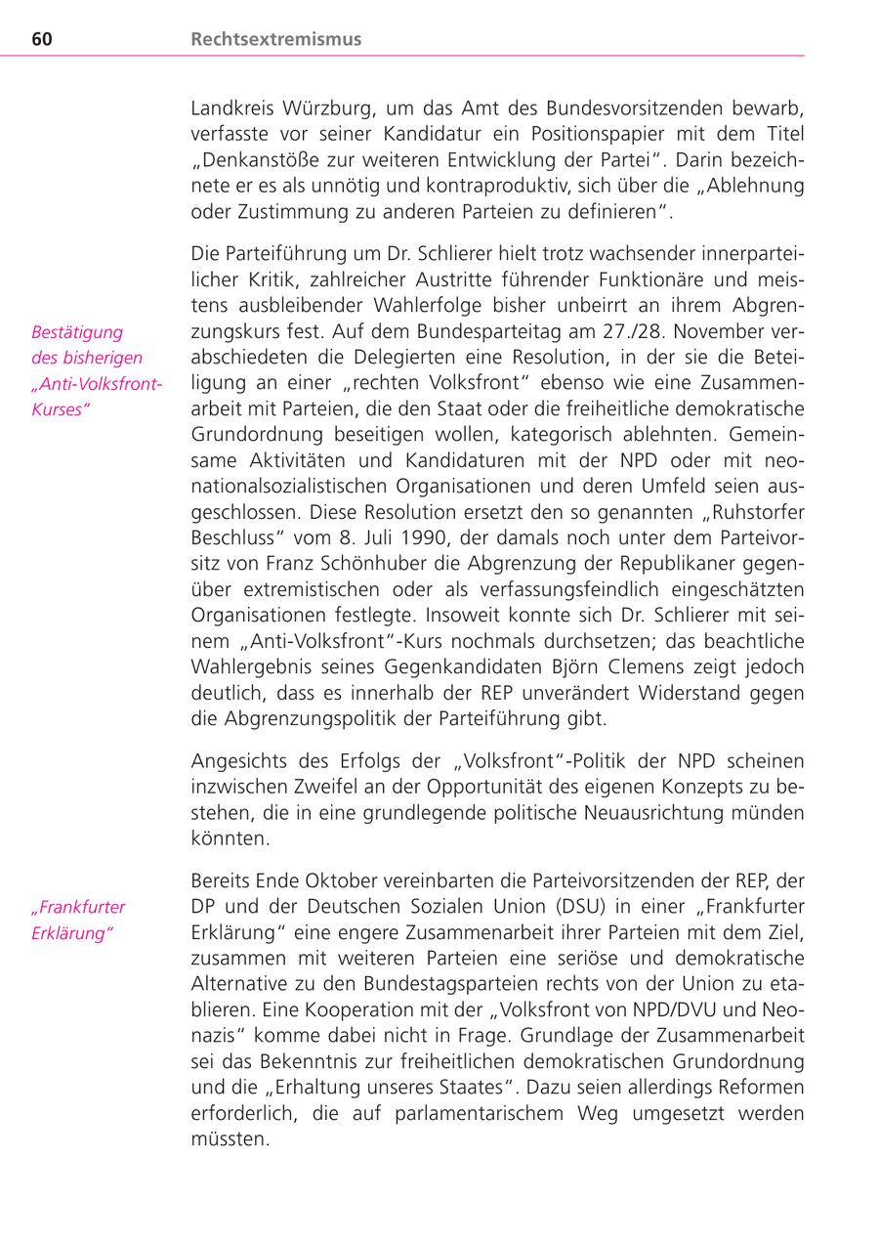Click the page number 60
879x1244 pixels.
click(x=41, y=39)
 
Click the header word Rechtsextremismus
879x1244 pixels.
click(x=276, y=39)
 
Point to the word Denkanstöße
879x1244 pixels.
click(x=256, y=158)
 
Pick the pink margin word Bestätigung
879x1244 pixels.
click(x=77, y=331)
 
